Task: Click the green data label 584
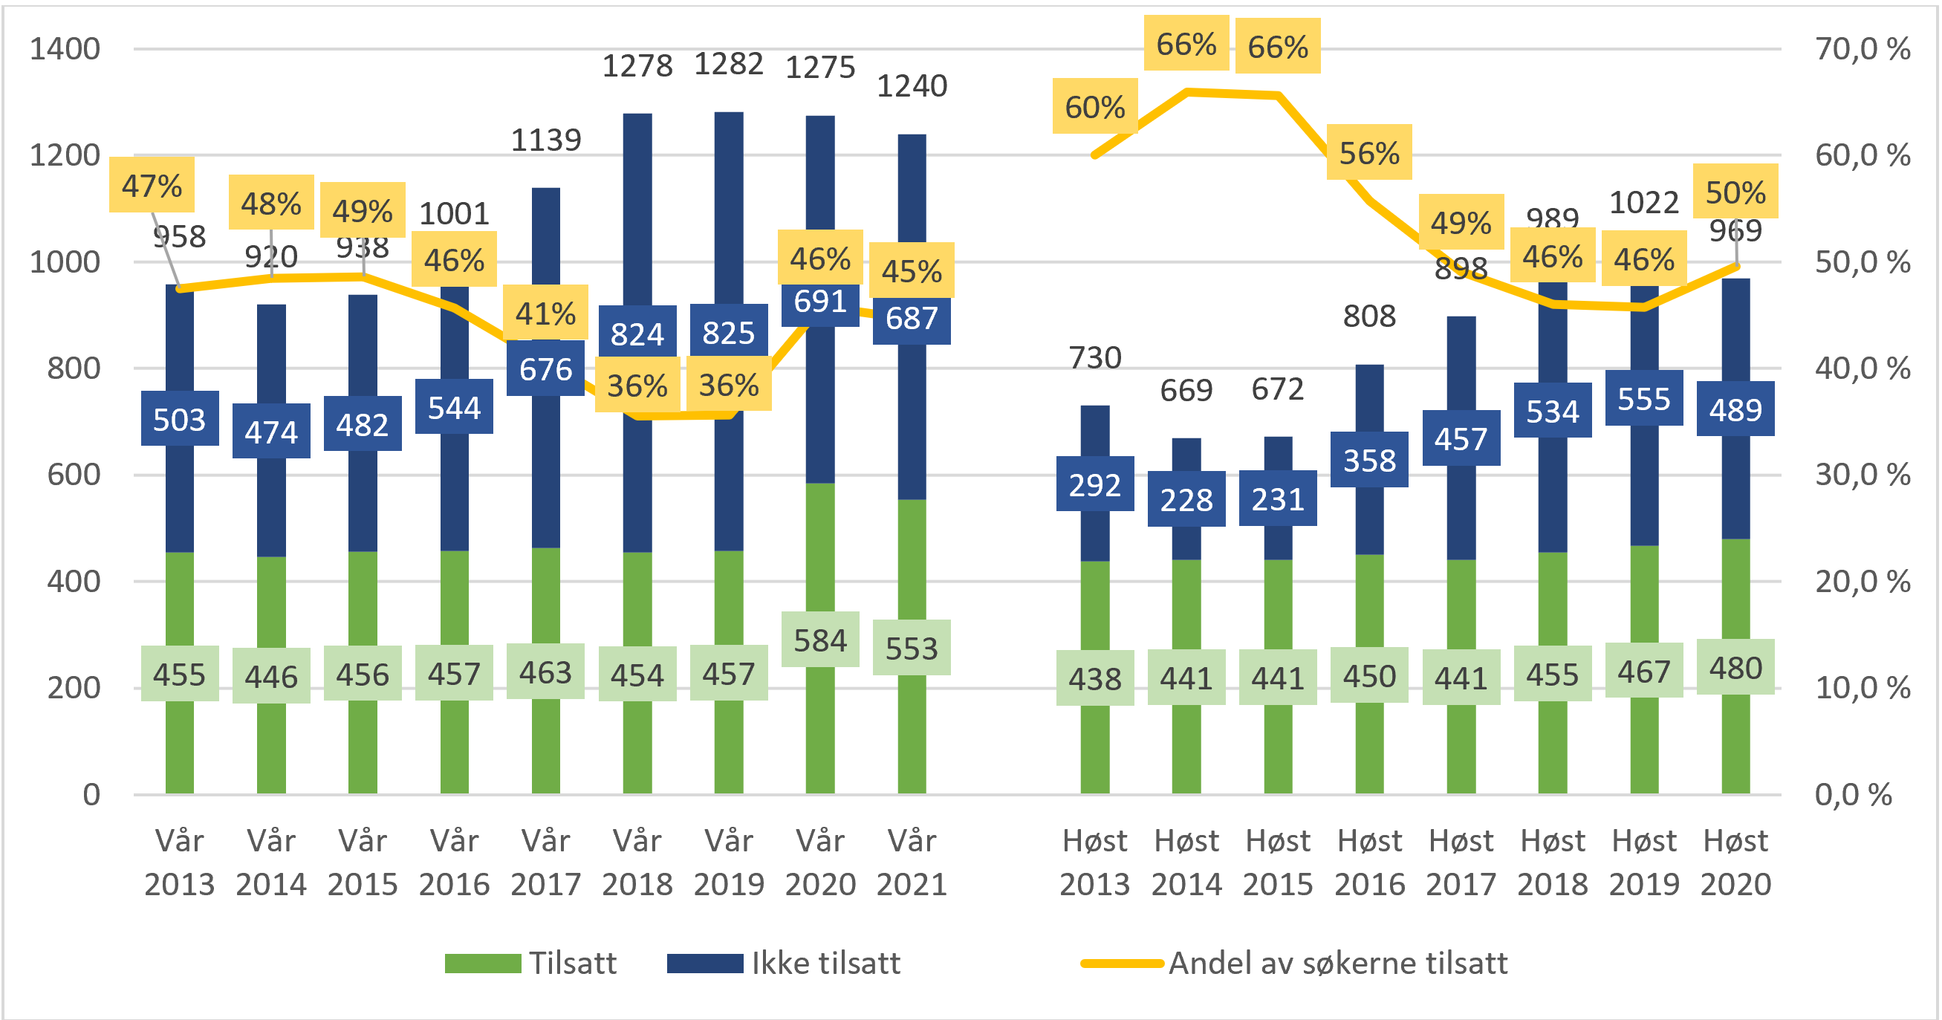[819, 640]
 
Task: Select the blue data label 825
[728, 333]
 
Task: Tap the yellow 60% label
[1094, 107]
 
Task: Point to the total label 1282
[728, 65]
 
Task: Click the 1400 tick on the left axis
[65, 49]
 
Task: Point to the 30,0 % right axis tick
[1862, 475]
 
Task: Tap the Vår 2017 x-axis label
[545, 862]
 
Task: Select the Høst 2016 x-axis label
[1369, 862]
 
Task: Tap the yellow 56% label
[1369, 153]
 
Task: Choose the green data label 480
[1735, 668]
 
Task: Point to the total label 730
[1094, 357]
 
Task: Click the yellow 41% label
[545, 313]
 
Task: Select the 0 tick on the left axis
[91, 795]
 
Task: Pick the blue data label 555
[1643, 399]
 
